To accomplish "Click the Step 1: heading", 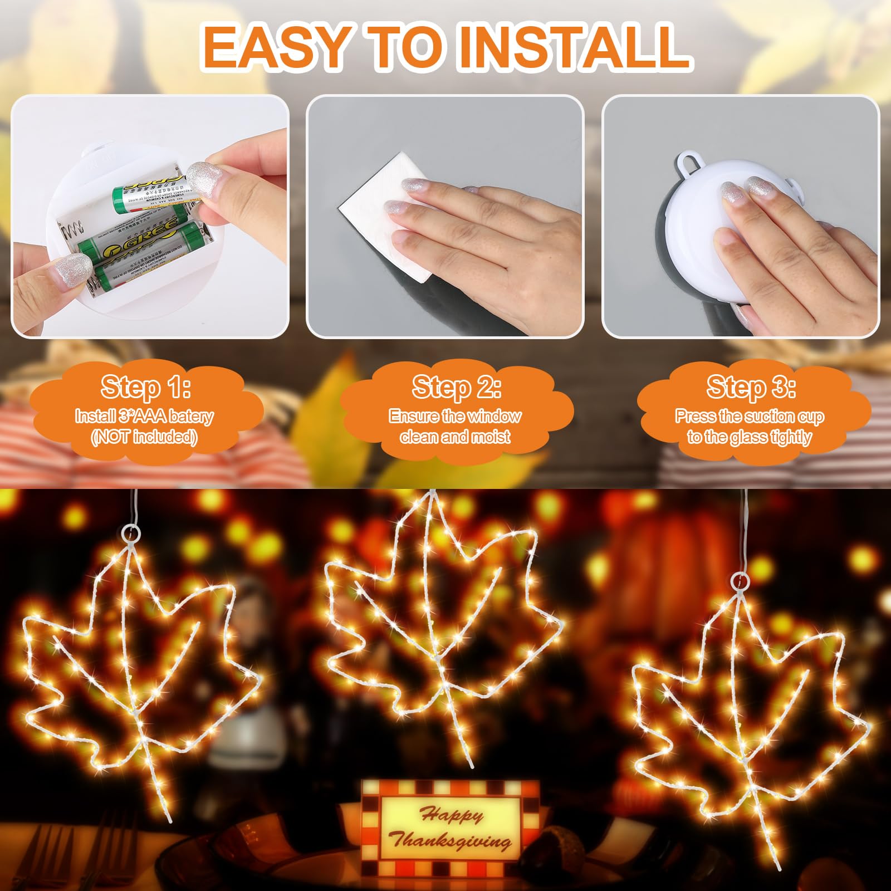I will tap(146, 387).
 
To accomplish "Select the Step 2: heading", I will tap(456, 387).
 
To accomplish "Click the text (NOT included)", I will tap(144, 438).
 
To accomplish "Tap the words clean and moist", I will tap(455, 437).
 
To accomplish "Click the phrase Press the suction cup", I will tap(750, 416).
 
